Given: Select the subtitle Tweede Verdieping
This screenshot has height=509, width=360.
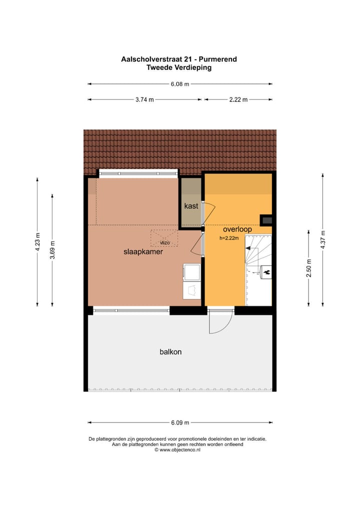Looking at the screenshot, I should [x=179, y=67].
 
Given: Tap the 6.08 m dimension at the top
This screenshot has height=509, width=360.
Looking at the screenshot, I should [x=180, y=84].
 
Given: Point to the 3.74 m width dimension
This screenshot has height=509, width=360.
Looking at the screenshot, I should [x=144, y=99].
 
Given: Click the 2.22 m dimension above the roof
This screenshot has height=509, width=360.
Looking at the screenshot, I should [x=238, y=99].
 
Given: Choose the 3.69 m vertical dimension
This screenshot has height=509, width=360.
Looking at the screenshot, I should [x=53, y=250].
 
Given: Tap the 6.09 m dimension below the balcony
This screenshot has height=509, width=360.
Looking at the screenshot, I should [x=180, y=422].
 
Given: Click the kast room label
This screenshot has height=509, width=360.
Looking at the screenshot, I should [x=191, y=206].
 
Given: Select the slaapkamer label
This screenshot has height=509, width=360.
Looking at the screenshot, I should [x=143, y=252].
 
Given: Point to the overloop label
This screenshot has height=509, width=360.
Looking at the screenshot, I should [x=237, y=229].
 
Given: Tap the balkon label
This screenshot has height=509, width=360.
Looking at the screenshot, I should [x=170, y=351].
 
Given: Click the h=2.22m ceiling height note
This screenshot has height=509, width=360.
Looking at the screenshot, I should [x=229, y=238].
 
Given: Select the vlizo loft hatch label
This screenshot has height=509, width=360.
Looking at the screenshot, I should [x=164, y=242].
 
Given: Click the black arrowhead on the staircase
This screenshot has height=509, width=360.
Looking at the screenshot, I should [x=248, y=254].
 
